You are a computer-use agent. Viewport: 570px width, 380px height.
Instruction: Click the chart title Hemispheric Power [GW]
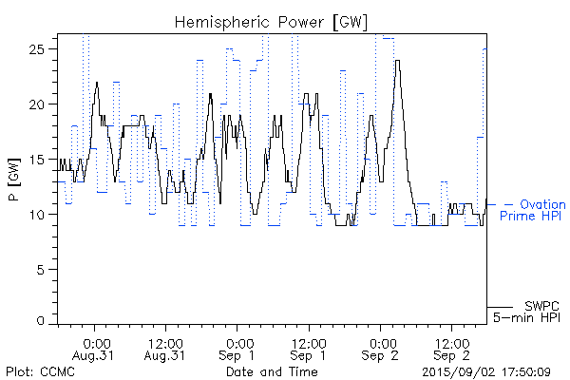tap(272, 22)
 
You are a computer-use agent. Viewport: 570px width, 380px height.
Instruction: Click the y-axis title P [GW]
tap(16, 177)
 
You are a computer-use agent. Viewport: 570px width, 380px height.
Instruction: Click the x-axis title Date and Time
tap(273, 371)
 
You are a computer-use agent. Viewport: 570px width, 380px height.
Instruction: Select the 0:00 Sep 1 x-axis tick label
tap(238, 349)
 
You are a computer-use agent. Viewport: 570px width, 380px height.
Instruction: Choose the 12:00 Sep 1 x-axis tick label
tap(310, 349)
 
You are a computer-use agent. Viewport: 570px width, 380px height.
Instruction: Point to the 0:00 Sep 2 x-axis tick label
tap(381, 349)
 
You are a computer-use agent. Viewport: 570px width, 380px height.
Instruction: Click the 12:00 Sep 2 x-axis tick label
tap(453, 349)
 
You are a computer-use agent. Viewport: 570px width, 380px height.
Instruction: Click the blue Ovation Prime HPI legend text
tap(533, 210)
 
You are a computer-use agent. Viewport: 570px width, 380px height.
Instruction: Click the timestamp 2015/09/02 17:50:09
tap(486, 371)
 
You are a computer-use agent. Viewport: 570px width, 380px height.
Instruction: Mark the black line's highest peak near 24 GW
tap(398, 62)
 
